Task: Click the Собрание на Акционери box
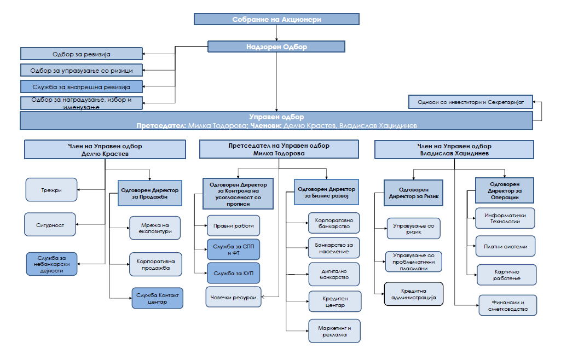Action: tap(276, 19)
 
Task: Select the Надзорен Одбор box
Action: tap(276, 47)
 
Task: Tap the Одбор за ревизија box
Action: tap(82, 54)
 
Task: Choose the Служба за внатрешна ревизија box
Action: tap(82, 86)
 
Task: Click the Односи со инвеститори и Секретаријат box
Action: tap(471, 102)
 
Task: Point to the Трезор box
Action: tap(51, 190)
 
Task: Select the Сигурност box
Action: tap(50, 224)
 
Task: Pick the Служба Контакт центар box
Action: tap(158, 299)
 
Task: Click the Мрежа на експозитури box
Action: tap(155, 228)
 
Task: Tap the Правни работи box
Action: tap(234, 225)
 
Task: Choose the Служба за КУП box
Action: tap(234, 273)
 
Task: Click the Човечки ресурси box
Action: tap(233, 297)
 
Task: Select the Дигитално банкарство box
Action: tap(334, 274)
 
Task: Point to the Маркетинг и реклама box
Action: tap(334, 331)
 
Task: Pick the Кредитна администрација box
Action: tap(414, 294)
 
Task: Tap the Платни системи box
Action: tap(506, 246)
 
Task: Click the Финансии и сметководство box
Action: tap(508, 305)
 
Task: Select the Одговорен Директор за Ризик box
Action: tap(414, 193)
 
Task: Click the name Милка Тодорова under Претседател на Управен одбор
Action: tap(279, 153)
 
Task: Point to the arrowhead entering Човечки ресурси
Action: tap(263, 297)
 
